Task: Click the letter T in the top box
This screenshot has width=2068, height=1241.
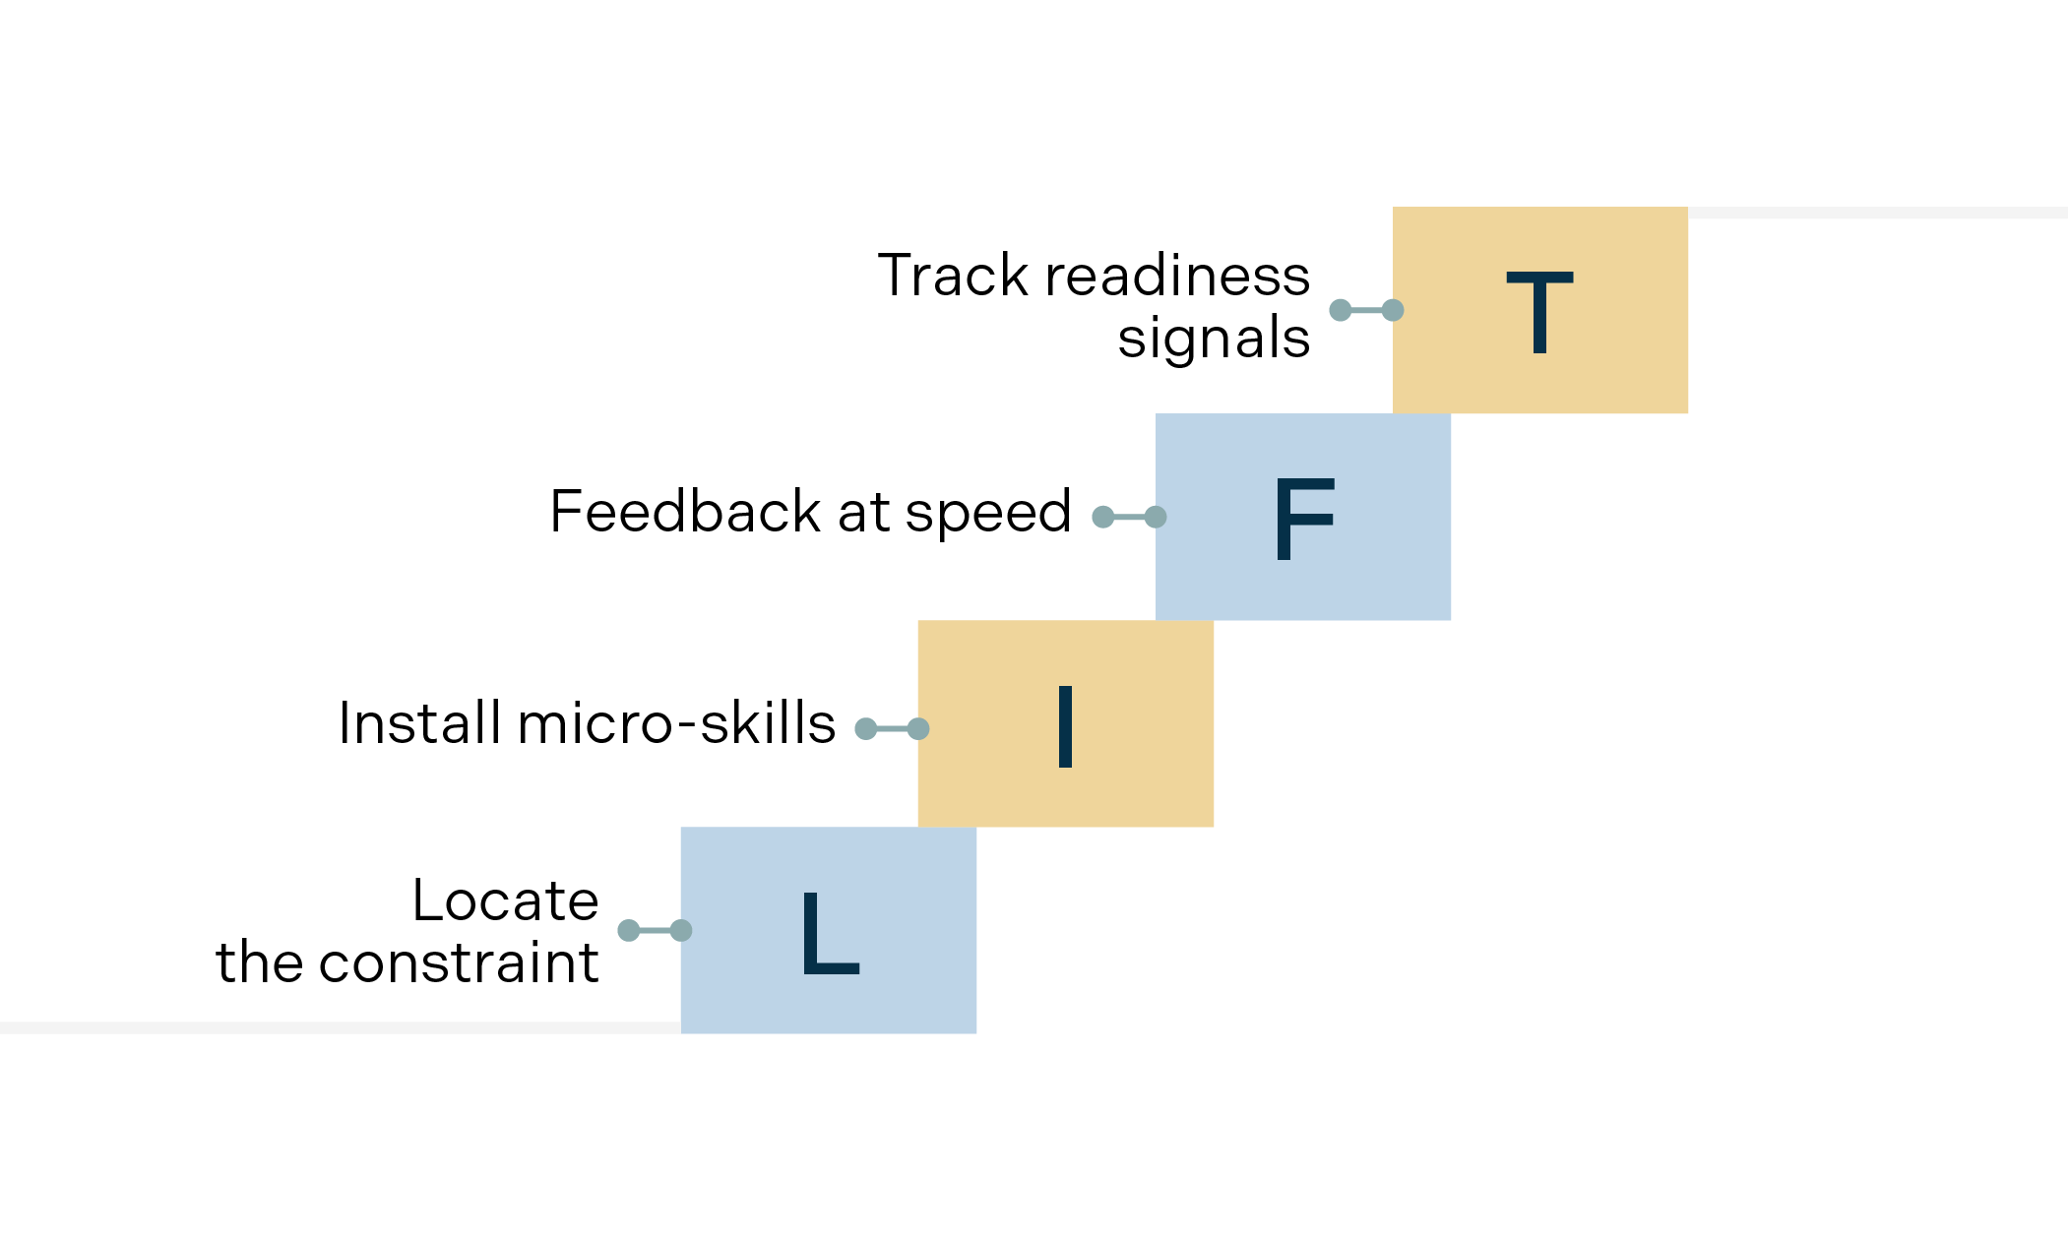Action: click(x=1539, y=312)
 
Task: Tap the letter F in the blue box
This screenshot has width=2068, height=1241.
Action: click(x=1303, y=519)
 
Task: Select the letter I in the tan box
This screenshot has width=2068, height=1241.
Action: click(x=1065, y=726)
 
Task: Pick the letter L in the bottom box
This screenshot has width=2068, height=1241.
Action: click(x=830, y=933)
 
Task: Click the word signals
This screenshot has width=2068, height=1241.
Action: click(x=1213, y=339)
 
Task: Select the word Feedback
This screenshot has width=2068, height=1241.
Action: click(x=685, y=512)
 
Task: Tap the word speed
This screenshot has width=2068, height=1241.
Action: click(x=987, y=514)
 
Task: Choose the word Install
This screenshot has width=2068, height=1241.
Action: click(x=419, y=723)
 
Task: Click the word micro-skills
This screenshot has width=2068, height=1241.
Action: click(x=676, y=723)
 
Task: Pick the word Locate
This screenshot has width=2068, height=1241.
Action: click(x=505, y=900)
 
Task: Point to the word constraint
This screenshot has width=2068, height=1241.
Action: click(x=459, y=962)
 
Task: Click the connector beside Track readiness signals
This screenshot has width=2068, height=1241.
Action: click(x=1366, y=310)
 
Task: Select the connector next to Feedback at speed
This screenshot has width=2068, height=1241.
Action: click(x=1129, y=517)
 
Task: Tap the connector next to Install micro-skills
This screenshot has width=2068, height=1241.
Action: click(x=892, y=728)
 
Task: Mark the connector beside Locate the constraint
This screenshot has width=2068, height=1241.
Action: click(x=655, y=930)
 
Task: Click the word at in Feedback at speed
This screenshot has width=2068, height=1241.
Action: click(x=863, y=513)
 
